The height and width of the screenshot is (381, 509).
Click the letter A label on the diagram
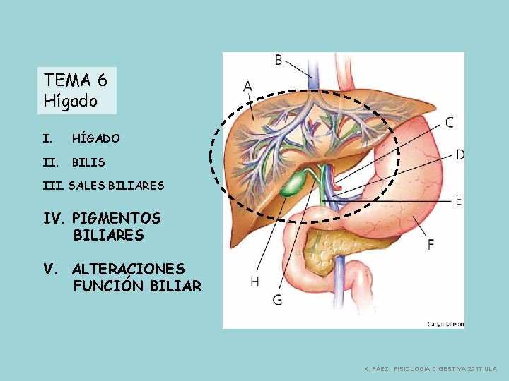(x=247, y=87)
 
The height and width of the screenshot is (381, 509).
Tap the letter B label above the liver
(x=279, y=60)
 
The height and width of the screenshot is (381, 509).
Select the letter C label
(x=449, y=123)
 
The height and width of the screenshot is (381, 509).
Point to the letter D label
(x=460, y=155)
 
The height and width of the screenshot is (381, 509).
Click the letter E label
(x=458, y=200)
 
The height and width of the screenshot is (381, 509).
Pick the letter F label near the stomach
(x=431, y=244)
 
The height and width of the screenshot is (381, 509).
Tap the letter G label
(x=277, y=300)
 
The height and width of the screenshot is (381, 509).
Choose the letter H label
(x=255, y=282)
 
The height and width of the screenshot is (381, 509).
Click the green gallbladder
(x=294, y=183)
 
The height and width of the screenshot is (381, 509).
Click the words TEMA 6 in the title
(x=76, y=80)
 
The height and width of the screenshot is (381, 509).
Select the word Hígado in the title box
(x=71, y=101)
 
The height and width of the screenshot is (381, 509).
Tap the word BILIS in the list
(x=88, y=162)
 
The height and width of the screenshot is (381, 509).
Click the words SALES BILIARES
(x=116, y=186)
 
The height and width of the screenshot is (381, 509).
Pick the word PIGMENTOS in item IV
(x=117, y=218)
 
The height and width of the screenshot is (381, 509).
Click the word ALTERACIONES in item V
(x=129, y=269)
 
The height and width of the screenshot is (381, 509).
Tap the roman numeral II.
(x=50, y=162)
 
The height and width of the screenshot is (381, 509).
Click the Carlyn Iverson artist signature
(x=445, y=324)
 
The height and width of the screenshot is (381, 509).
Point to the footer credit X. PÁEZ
(x=377, y=369)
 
